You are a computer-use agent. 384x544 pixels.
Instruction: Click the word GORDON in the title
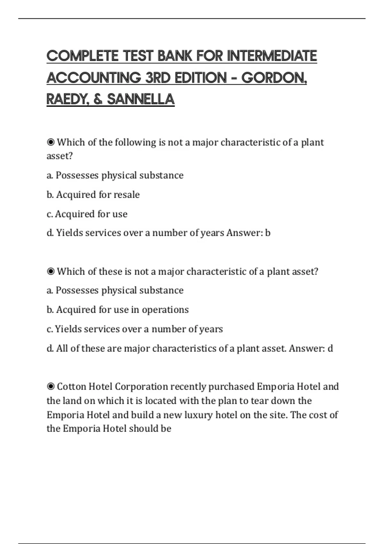[x=274, y=78]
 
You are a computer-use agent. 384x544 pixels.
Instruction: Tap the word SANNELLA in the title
[x=141, y=99]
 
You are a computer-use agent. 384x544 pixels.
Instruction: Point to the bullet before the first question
[x=51, y=142]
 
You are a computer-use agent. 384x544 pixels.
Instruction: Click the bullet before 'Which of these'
[x=51, y=271]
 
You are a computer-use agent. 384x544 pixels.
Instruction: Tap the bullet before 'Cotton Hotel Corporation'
[x=51, y=387]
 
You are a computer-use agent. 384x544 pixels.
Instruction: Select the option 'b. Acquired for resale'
[x=93, y=195]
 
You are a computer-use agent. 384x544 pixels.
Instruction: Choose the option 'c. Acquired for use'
[x=87, y=214]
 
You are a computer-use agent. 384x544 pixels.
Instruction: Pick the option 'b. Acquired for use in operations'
[x=117, y=309]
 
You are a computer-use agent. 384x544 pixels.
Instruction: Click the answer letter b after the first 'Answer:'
[x=268, y=233]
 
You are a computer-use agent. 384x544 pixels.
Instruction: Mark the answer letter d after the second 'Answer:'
[x=330, y=348]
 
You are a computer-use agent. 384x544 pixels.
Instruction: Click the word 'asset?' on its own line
[x=60, y=156]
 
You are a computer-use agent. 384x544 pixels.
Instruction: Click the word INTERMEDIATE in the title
[x=272, y=56]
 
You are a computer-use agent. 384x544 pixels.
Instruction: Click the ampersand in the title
[x=98, y=99]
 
